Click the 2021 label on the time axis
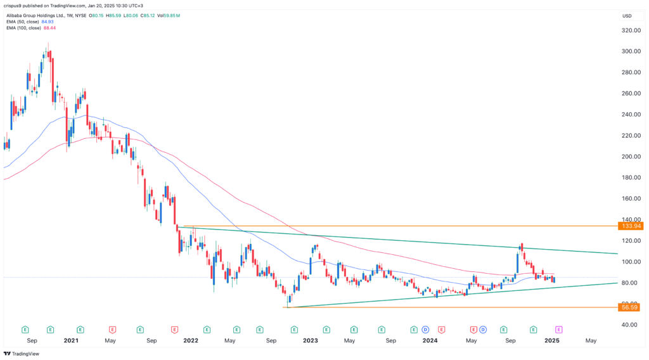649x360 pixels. pos(70,340)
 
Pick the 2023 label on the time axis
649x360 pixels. pos(311,340)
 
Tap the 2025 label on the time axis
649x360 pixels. pos(551,340)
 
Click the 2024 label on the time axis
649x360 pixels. pos(430,340)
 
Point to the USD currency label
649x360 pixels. pos(627,16)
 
